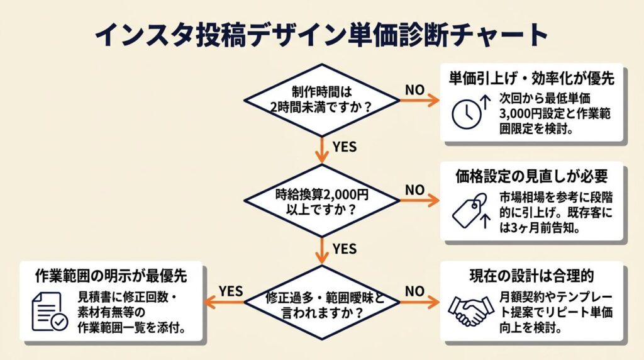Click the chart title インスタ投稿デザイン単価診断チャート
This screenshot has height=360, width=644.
[x=321, y=35]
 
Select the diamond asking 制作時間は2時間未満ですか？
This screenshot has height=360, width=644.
[x=321, y=100]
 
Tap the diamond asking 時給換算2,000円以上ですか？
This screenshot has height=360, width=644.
[x=321, y=201]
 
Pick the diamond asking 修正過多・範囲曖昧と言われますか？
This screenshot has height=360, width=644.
[x=321, y=303]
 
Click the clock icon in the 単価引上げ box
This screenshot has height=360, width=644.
[x=467, y=114]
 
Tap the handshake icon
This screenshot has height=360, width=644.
[x=470, y=310]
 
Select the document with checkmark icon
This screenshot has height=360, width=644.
[x=50, y=312]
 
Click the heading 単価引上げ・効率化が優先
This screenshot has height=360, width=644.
[x=531, y=79]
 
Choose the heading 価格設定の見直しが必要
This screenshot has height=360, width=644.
[x=531, y=176]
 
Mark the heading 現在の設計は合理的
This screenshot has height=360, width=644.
[x=531, y=276]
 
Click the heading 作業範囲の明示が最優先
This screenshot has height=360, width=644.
[x=111, y=275]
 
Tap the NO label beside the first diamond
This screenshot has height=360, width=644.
[x=415, y=90]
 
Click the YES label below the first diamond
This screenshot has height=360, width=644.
[x=345, y=147]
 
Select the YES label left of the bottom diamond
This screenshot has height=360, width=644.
[x=231, y=291]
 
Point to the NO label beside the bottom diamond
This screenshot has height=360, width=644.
[x=415, y=291]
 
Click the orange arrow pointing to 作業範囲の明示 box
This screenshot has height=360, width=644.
[x=225, y=303]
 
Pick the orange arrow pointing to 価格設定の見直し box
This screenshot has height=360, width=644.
[x=419, y=201]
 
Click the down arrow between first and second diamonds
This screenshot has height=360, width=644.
[x=322, y=150]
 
